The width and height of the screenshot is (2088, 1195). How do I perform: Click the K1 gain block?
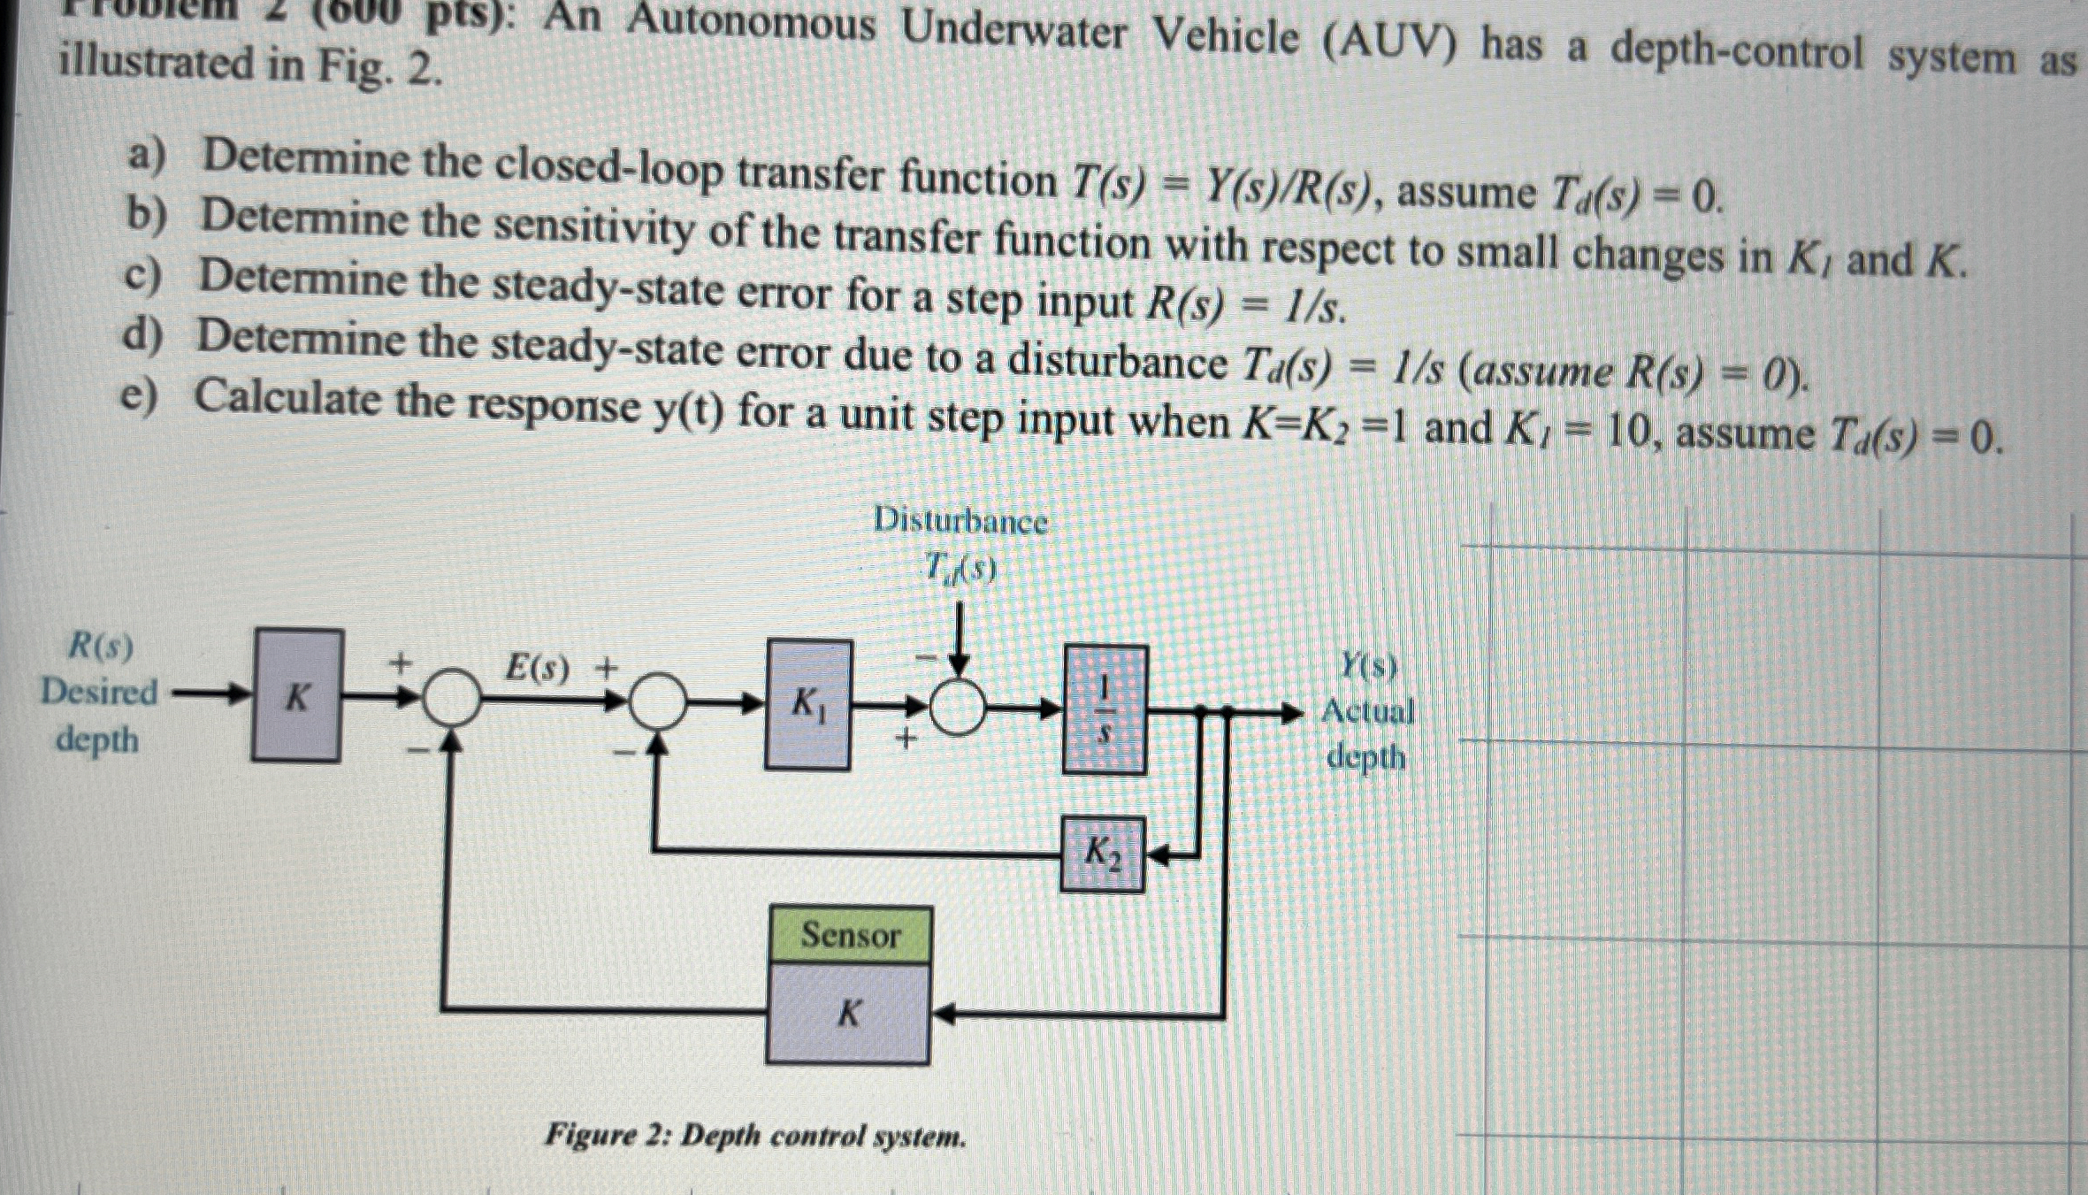[808, 705]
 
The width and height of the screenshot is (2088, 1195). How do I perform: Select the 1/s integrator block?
[1105, 710]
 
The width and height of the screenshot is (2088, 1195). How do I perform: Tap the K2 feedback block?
[1103, 854]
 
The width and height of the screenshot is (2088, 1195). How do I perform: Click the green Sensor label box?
[850, 935]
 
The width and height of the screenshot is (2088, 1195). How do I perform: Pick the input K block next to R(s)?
[297, 695]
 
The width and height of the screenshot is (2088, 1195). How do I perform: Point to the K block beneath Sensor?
[848, 1013]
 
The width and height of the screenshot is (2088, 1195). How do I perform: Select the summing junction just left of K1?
[657, 701]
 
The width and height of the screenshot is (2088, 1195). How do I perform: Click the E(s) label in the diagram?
[536, 668]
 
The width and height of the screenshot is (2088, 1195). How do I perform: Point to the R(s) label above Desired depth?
[101, 647]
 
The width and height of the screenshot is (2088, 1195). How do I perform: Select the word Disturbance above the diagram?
[960, 520]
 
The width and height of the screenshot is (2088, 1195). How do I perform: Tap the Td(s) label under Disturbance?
[960, 567]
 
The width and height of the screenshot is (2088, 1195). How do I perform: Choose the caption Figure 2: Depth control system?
[755, 1135]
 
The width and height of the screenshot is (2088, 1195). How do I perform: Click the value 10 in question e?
[1624, 433]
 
